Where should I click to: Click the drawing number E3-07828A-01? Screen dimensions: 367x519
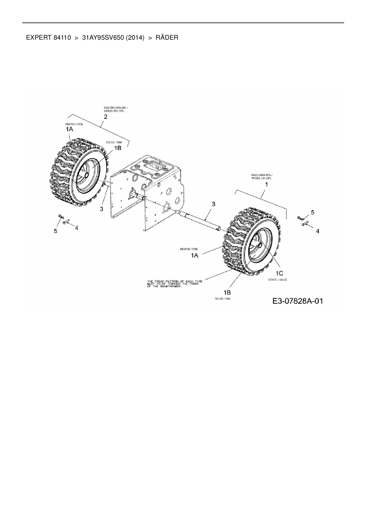tap(297, 301)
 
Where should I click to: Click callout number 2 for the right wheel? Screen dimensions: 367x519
tap(105, 117)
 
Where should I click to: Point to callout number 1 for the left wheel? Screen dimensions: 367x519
tap(266, 184)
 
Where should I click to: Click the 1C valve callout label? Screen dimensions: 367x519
tap(280, 273)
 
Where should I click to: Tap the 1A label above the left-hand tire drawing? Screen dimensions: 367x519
tap(69, 129)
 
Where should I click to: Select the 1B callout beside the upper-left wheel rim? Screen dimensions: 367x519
tap(117, 148)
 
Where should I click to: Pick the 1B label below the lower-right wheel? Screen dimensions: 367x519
tap(227, 293)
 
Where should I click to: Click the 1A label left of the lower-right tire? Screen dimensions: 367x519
tap(194, 255)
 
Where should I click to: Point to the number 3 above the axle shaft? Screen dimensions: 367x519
tap(213, 204)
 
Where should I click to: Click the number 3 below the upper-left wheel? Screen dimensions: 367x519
tap(102, 209)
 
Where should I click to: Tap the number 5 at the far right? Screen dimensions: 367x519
tap(313, 212)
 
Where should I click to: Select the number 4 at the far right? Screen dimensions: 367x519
tap(318, 231)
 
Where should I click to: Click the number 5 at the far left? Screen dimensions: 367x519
tap(55, 231)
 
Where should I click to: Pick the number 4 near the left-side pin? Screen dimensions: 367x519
tap(76, 228)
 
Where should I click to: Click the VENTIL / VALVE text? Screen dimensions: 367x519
tap(277, 280)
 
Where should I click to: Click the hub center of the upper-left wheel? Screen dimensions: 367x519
tap(86, 175)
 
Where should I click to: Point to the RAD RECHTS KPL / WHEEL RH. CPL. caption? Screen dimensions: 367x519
tap(116, 109)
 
